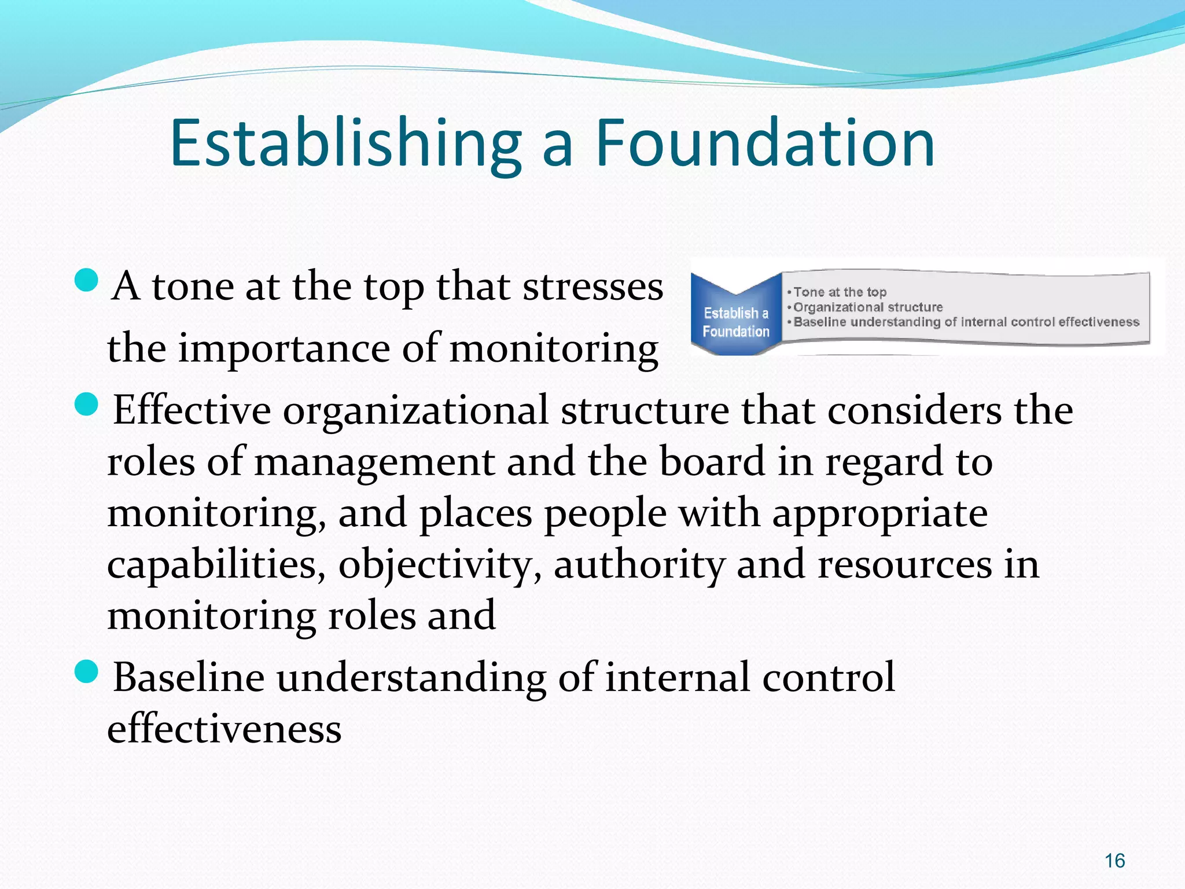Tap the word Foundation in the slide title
[x=765, y=143]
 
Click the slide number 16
[x=1114, y=861]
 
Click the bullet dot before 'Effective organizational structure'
[x=87, y=403]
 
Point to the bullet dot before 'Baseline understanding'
[x=87, y=671]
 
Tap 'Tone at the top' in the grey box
[x=840, y=292]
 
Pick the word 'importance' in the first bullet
[x=284, y=348]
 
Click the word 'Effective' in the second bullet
[x=192, y=410]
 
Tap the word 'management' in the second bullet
[x=374, y=462]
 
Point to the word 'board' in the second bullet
[x=712, y=462]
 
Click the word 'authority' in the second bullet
[x=639, y=565]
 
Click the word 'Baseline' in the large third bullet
[x=189, y=677]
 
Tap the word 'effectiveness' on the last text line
[x=225, y=729]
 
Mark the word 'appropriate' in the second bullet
[x=880, y=513]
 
